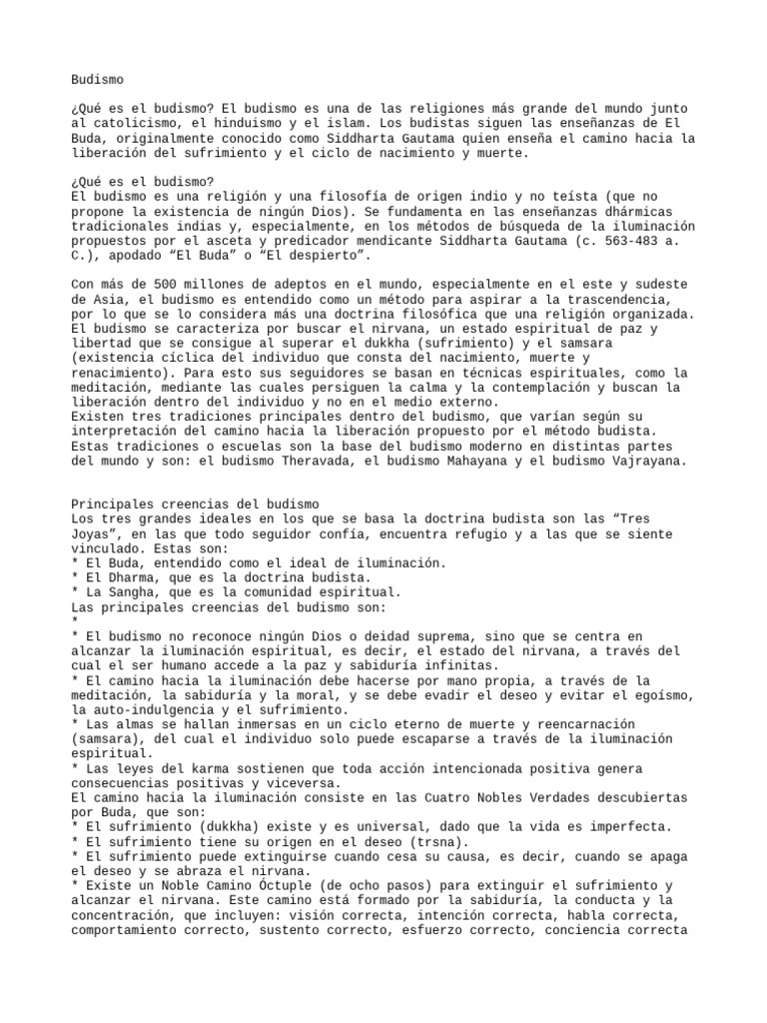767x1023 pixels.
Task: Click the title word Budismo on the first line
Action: (x=98, y=78)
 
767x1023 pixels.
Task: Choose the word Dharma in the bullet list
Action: (x=133, y=577)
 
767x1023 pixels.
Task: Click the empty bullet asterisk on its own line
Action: (x=75, y=621)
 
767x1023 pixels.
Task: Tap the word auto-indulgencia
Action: (x=152, y=709)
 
